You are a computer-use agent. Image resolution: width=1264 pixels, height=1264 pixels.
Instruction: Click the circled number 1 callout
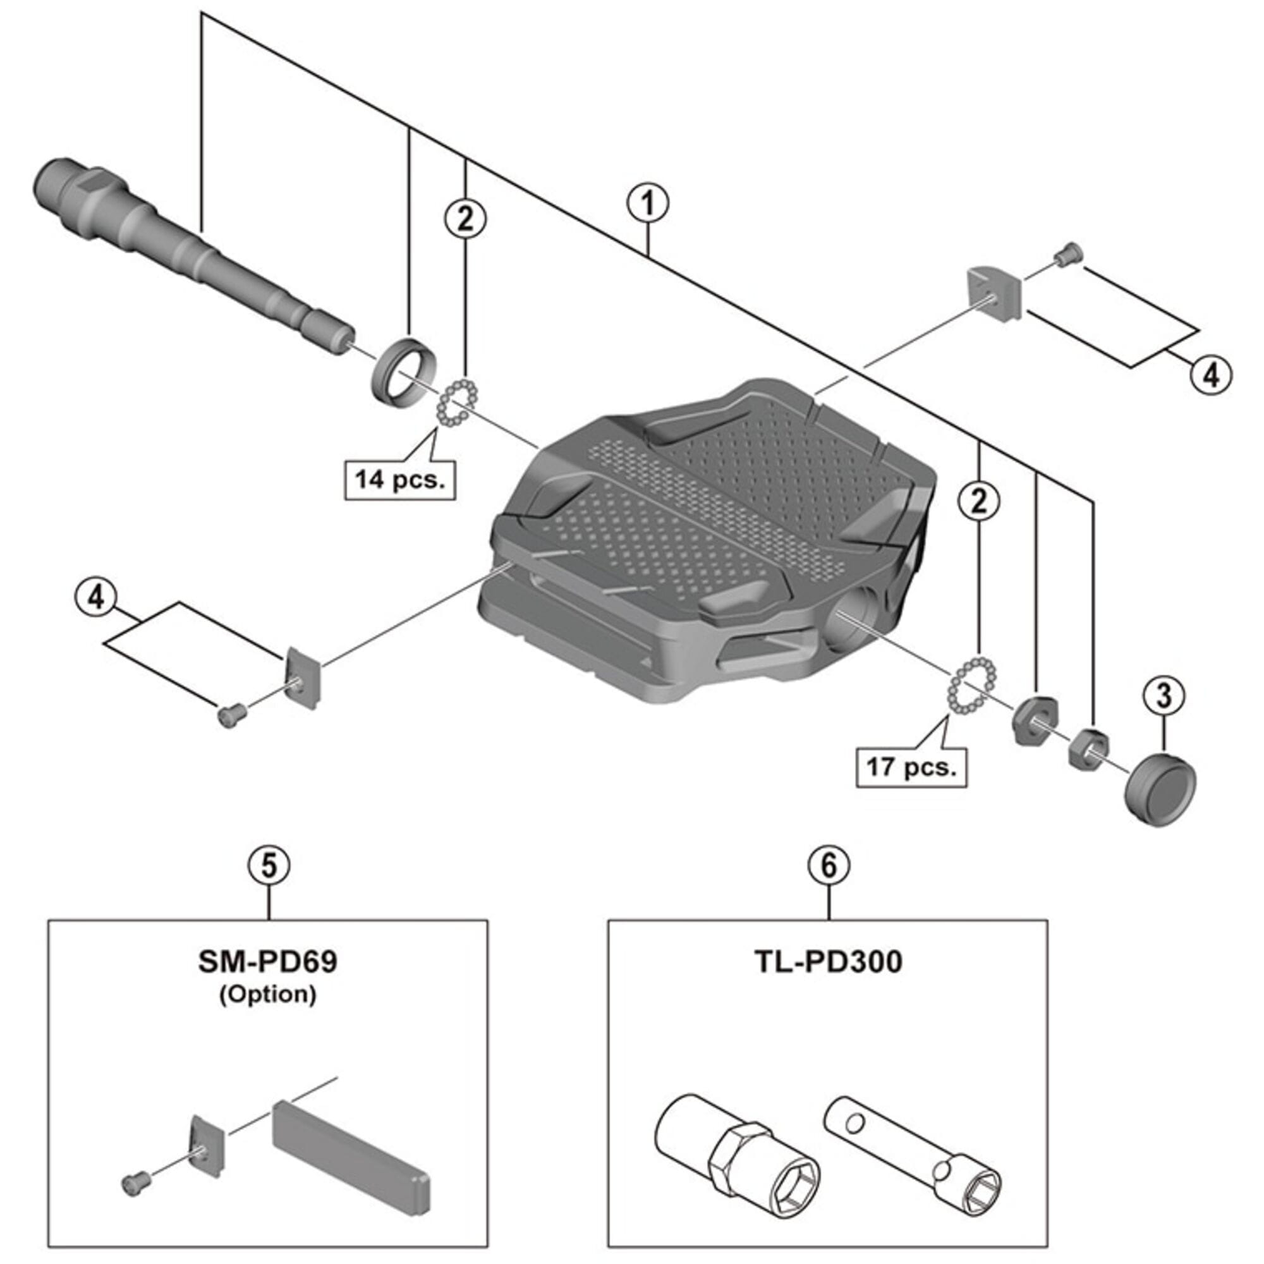click(x=648, y=204)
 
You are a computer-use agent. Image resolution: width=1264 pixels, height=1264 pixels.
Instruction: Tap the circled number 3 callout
click(x=1164, y=696)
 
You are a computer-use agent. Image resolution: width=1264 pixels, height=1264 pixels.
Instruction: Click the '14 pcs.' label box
click(x=400, y=480)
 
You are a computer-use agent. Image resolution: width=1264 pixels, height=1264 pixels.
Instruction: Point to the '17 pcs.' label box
click(x=911, y=767)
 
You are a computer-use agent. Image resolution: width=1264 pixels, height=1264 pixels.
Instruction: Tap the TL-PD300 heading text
click(x=829, y=962)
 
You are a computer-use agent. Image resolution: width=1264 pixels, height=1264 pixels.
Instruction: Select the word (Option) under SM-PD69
click(x=267, y=994)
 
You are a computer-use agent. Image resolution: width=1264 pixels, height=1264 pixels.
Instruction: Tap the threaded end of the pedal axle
click(x=59, y=183)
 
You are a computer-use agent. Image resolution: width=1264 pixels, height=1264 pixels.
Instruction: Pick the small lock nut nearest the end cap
click(x=1088, y=748)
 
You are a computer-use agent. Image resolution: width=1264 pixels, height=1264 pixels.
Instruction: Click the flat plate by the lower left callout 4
click(x=303, y=677)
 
